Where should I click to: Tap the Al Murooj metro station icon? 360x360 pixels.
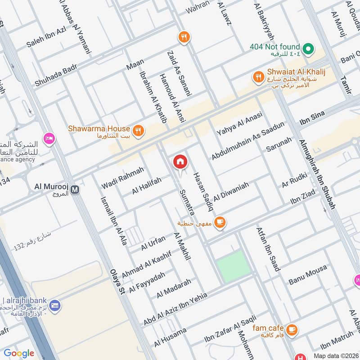click(75, 190)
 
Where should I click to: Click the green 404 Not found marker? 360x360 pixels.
click(308, 48)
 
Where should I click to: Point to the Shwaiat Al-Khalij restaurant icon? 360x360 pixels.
click(258, 76)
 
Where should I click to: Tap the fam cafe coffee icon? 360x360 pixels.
click(292, 330)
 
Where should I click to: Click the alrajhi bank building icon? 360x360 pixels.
click(56, 305)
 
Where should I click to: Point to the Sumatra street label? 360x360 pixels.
click(187, 202)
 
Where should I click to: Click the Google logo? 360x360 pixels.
click(18, 353)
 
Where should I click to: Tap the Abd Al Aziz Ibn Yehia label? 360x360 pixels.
click(175, 309)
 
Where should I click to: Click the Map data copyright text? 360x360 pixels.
click(336, 355)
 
